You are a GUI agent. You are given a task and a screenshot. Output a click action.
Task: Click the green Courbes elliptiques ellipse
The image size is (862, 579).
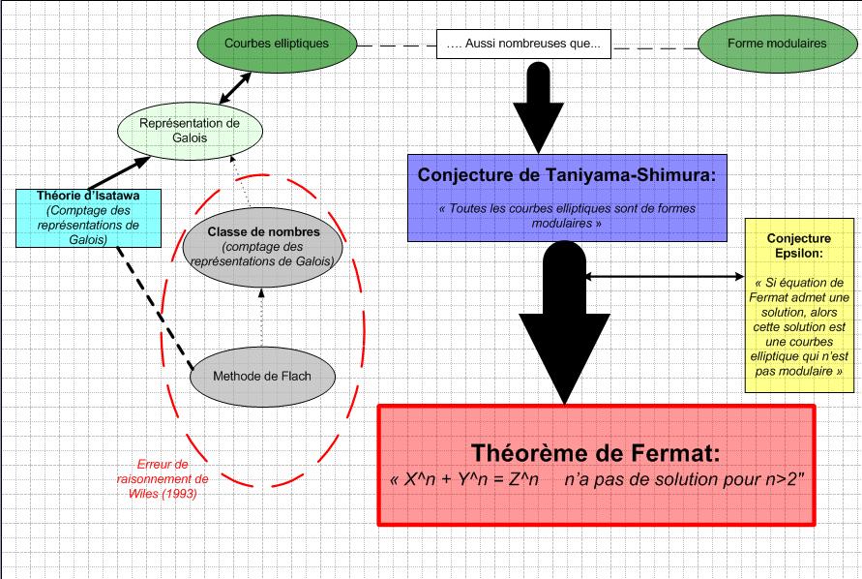277,45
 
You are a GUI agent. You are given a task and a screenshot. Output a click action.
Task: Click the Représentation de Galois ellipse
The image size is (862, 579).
190,131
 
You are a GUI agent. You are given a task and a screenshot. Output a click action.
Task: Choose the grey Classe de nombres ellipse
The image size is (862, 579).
263,247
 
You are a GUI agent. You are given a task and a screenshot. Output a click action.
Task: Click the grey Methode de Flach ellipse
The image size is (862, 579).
264,375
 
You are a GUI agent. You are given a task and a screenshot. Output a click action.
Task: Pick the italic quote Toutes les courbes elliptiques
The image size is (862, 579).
538,215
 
